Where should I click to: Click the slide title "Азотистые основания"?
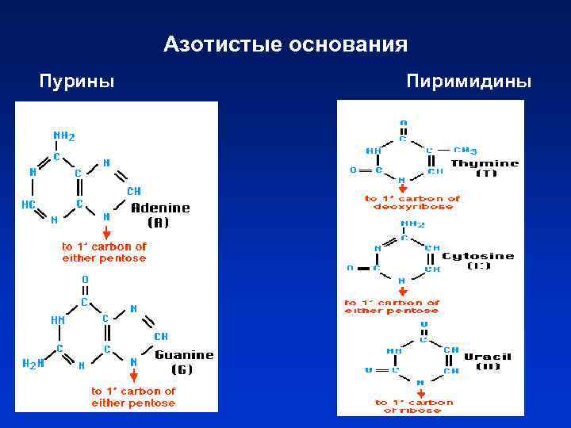pyautogui.click(x=285, y=44)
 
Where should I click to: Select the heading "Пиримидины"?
pyautogui.click(x=469, y=82)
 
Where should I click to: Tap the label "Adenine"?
pyautogui.click(x=160, y=208)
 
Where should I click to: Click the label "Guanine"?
pyautogui.click(x=185, y=355)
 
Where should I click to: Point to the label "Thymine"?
pyautogui.click(x=485, y=164)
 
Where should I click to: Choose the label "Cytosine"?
pyautogui.click(x=477, y=257)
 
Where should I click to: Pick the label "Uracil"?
pyautogui.click(x=489, y=357)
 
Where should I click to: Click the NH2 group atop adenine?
pyautogui.click(x=63, y=136)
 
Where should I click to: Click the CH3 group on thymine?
pyautogui.click(x=465, y=150)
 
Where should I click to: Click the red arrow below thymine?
pyautogui.click(x=401, y=187)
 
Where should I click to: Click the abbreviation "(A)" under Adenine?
pyautogui.click(x=159, y=223)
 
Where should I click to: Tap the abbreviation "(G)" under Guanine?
pyautogui.click(x=184, y=369)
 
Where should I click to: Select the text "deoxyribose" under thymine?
pyautogui.click(x=409, y=207)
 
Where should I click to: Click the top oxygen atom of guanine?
pyautogui.click(x=85, y=280)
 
